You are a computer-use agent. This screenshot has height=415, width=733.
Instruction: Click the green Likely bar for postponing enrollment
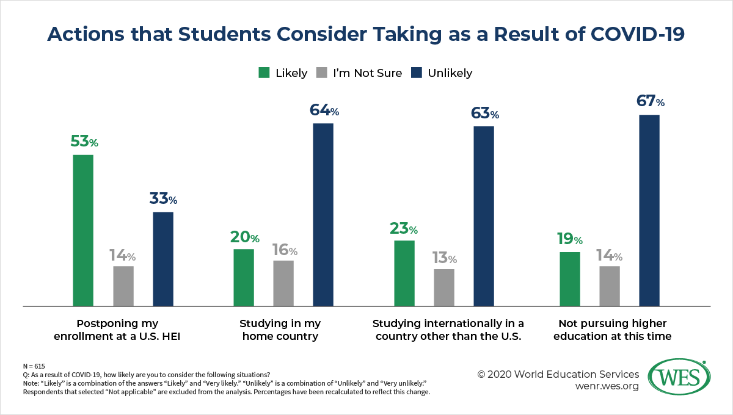pyautogui.click(x=83, y=230)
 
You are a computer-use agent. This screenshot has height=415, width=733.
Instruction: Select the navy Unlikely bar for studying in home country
pyautogui.click(x=323, y=214)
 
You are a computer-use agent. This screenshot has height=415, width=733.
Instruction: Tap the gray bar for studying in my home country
pyautogui.click(x=283, y=283)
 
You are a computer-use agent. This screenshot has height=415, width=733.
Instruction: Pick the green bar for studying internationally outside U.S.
pyautogui.click(x=404, y=273)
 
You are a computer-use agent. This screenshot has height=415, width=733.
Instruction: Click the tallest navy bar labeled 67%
pyautogui.click(x=649, y=210)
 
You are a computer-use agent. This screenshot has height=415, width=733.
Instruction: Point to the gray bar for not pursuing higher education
pyautogui.click(x=610, y=286)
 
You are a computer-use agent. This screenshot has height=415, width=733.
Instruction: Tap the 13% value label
pyautogui.click(x=444, y=258)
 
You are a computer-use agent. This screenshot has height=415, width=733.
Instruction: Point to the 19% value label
pyautogui.click(x=569, y=240)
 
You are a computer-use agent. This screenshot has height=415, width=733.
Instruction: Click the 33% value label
pyautogui.click(x=163, y=199)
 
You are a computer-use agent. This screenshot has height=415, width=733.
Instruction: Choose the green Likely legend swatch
pyautogui.click(x=264, y=73)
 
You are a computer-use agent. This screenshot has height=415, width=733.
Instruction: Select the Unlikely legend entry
pyautogui.click(x=450, y=73)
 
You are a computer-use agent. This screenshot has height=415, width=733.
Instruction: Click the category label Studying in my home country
pyautogui.click(x=280, y=330)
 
